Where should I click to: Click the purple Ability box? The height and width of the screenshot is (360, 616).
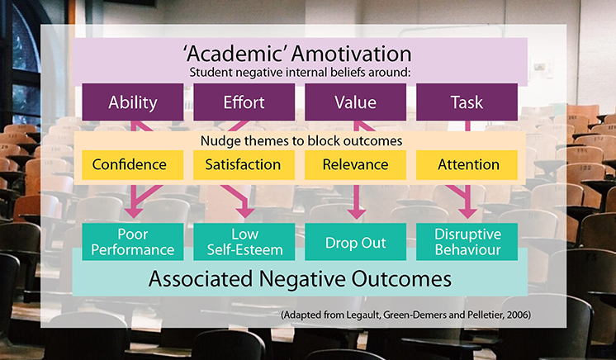133,102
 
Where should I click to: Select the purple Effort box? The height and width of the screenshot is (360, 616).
244,102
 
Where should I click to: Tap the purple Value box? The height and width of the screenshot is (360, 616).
356,102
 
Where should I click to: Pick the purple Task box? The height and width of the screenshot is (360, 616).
467,102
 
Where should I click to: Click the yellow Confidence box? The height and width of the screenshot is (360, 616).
133,164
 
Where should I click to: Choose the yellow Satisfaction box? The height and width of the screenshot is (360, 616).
244,164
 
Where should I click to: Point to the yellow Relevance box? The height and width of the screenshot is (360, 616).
356,164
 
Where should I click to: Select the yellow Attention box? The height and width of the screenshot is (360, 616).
467,164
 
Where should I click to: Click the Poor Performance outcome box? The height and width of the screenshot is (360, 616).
133,242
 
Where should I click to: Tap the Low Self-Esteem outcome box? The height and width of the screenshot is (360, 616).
244,242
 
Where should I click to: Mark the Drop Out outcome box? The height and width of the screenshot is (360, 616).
356,242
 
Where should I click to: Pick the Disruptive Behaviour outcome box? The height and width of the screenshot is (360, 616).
467,242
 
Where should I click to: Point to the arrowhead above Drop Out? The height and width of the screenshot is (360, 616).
357,214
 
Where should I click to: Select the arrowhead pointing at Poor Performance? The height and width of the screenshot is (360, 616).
134,213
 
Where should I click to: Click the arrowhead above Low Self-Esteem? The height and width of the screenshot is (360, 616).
245,213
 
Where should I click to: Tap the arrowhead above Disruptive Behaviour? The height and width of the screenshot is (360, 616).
468,213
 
